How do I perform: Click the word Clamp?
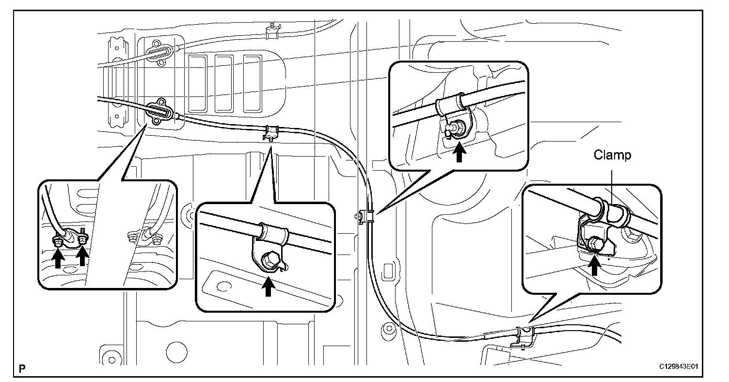613,156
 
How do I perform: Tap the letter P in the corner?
22,368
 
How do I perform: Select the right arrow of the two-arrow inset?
83,255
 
